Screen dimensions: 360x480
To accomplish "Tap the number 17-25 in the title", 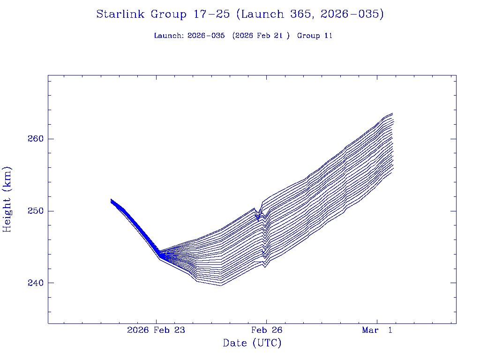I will [x=210, y=15].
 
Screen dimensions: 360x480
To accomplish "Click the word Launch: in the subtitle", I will [x=169, y=36].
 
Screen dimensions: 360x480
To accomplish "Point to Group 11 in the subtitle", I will [x=315, y=36].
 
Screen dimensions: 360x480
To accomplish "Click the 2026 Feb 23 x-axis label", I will [x=156, y=330].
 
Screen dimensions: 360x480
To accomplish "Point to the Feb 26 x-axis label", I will [x=266, y=330].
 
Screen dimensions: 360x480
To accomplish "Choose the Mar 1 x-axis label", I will [x=377, y=330].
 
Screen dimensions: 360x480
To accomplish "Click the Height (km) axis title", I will [x=7, y=199].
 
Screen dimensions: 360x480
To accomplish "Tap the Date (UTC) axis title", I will [x=252, y=344].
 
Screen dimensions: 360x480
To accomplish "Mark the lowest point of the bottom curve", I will [x=220, y=285].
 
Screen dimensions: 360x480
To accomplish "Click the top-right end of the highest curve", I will [x=392, y=113].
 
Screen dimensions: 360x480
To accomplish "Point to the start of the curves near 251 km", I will [x=111, y=201].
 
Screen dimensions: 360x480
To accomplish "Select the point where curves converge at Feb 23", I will [x=160, y=255].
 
